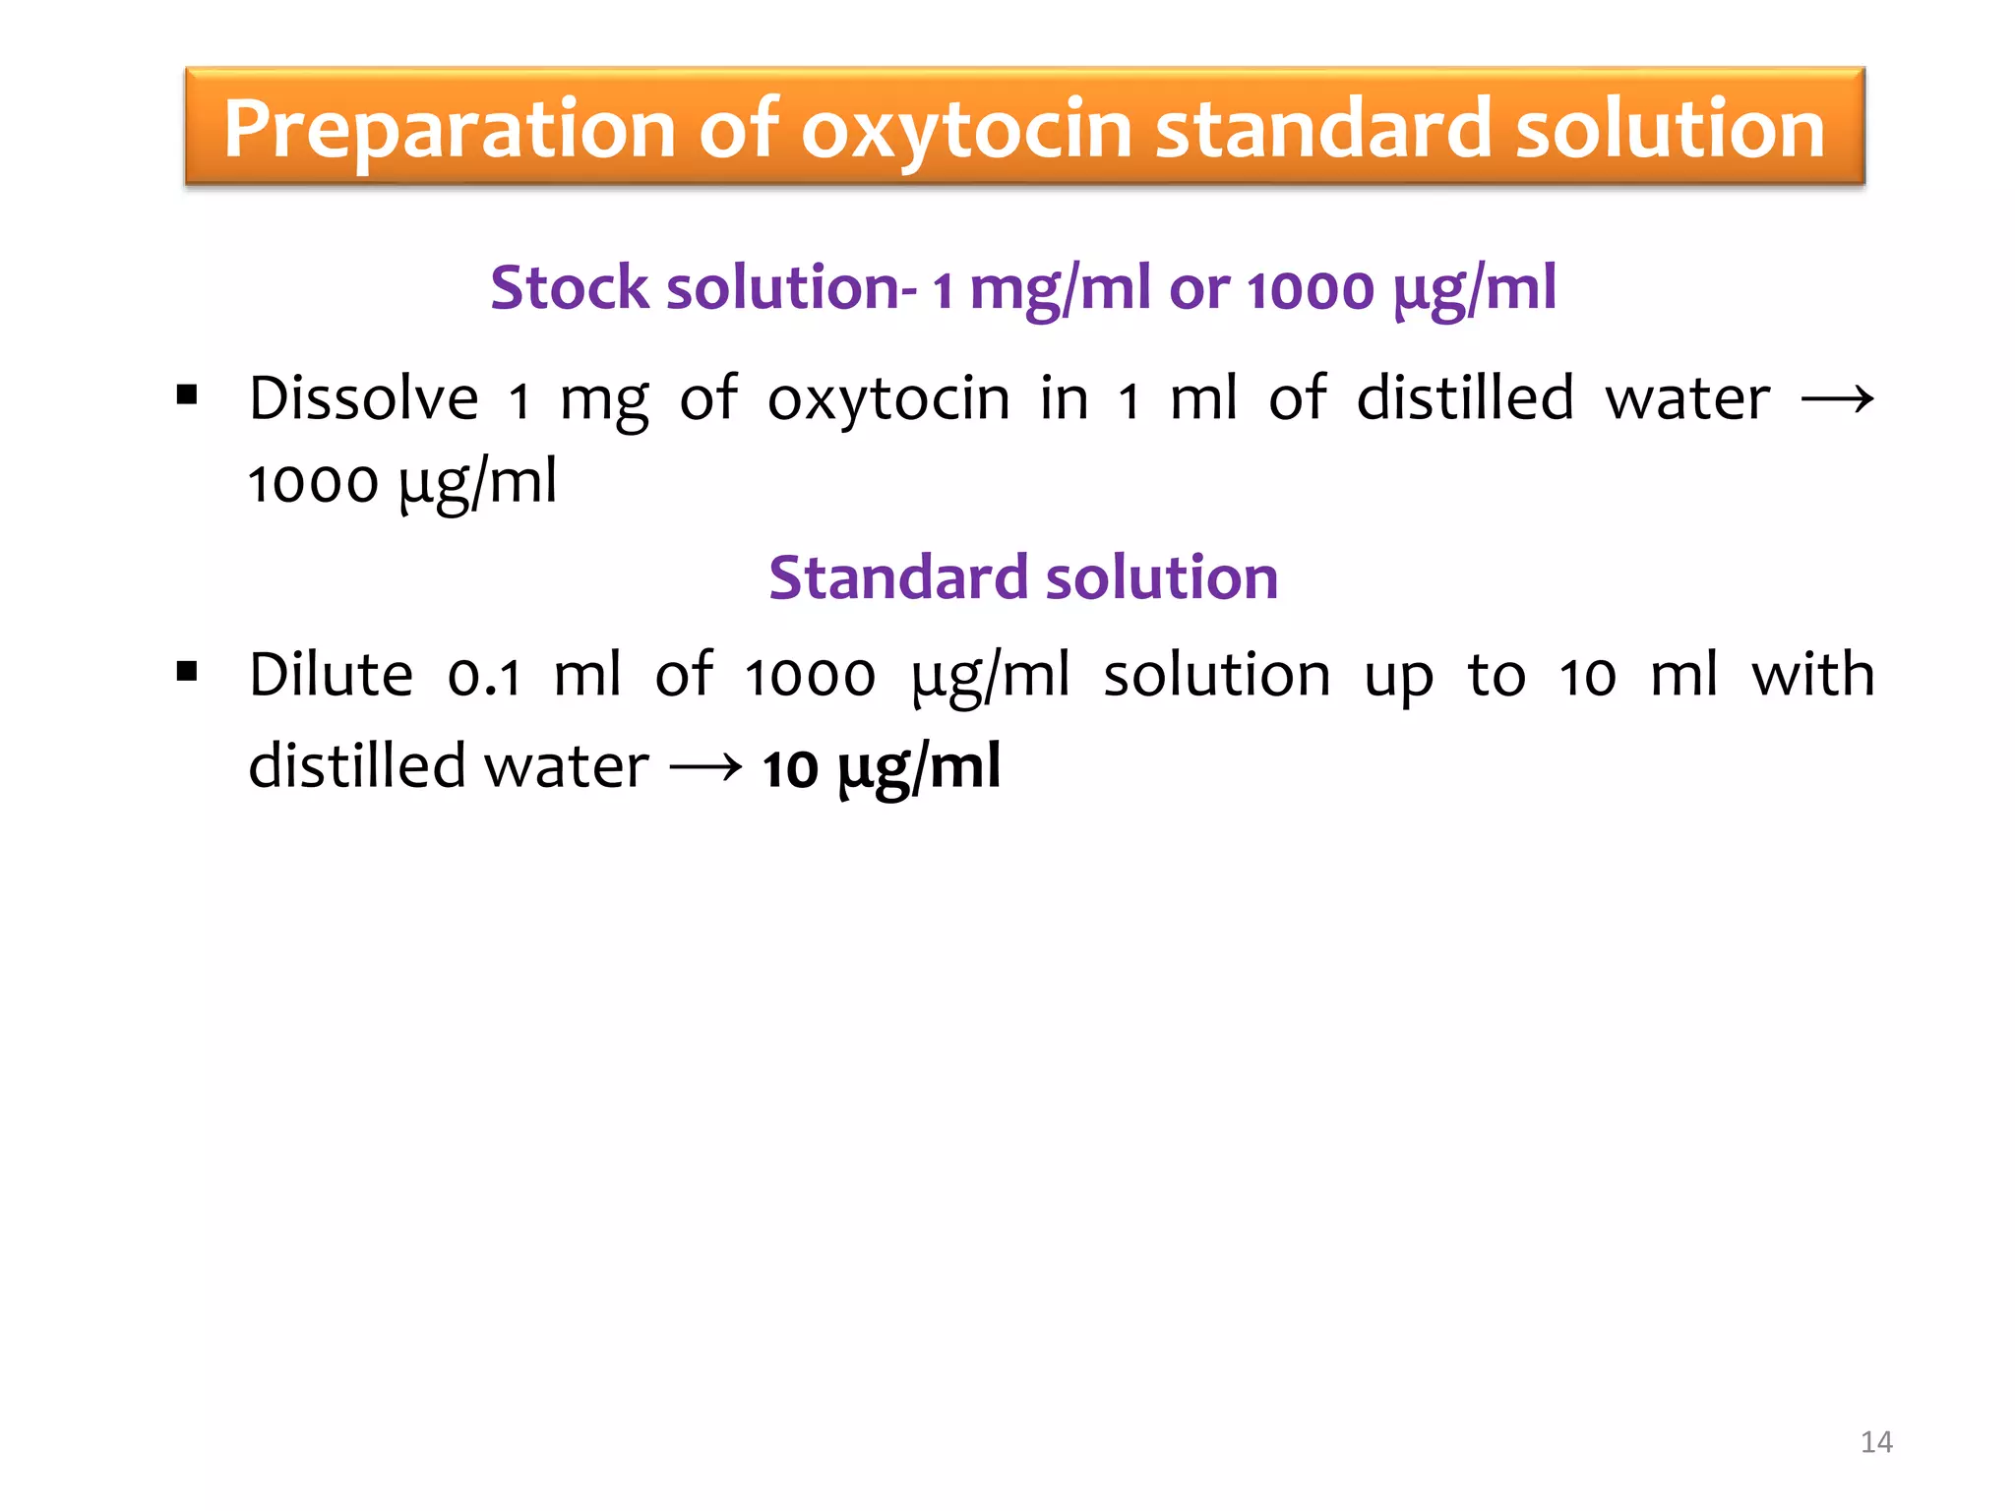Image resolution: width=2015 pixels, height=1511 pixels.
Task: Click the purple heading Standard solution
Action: coord(1023,577)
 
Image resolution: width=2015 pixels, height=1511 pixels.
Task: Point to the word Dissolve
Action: coord(364,398)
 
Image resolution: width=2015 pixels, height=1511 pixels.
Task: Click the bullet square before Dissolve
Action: coord(187,396)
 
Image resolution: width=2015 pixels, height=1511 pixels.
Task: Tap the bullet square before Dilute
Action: coord(187,673)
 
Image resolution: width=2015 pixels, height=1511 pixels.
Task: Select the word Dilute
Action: coord(331,675)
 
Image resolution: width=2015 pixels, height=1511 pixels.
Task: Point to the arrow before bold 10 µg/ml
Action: coord(705,766)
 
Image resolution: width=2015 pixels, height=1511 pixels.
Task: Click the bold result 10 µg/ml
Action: coord(882,768)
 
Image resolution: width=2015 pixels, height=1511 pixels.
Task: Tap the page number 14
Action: coord(1876,1442)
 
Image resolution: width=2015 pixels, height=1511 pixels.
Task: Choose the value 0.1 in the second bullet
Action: coord(484,677)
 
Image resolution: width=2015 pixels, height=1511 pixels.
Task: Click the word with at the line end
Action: coord(1813,675)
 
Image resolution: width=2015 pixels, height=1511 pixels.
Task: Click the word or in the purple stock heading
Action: coord(1198,290)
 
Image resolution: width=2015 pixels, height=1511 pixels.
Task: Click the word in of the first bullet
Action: coord(1065,398)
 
